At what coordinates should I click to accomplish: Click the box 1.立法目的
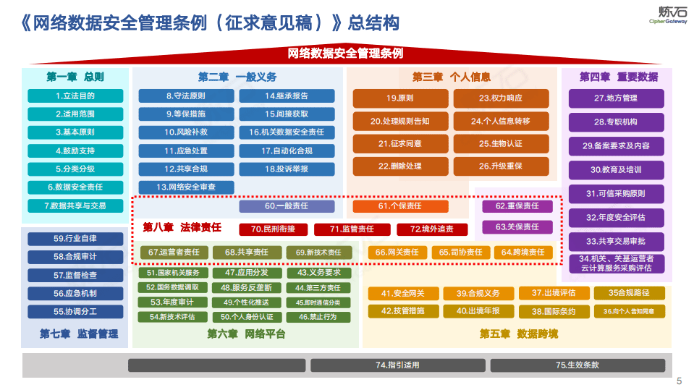pos(75,96)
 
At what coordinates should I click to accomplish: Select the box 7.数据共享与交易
pos(75,205)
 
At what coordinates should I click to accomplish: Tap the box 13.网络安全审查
pos(186,187)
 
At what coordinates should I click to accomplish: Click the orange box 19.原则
pos(399,98)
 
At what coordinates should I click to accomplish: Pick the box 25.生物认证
pos(501,143)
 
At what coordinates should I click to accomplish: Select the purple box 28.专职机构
pos(616,122)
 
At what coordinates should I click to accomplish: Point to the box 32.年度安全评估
pos(616,217)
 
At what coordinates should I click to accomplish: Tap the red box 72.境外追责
pos(432,229)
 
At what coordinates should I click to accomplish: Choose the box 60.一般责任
pos(287,206)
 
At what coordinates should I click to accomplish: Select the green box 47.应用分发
pos(236,273)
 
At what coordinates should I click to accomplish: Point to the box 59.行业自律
pos(75,239)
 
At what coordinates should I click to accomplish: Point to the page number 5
pos(678,381)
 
